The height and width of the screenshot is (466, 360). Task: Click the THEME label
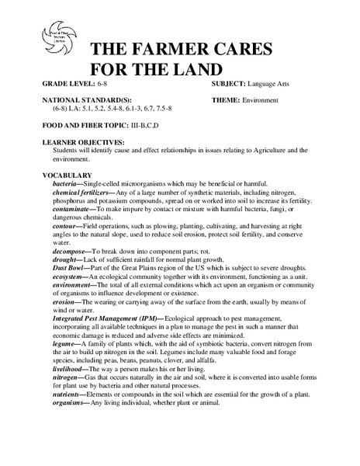229,100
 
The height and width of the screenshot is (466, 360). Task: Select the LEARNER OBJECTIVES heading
85,142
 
